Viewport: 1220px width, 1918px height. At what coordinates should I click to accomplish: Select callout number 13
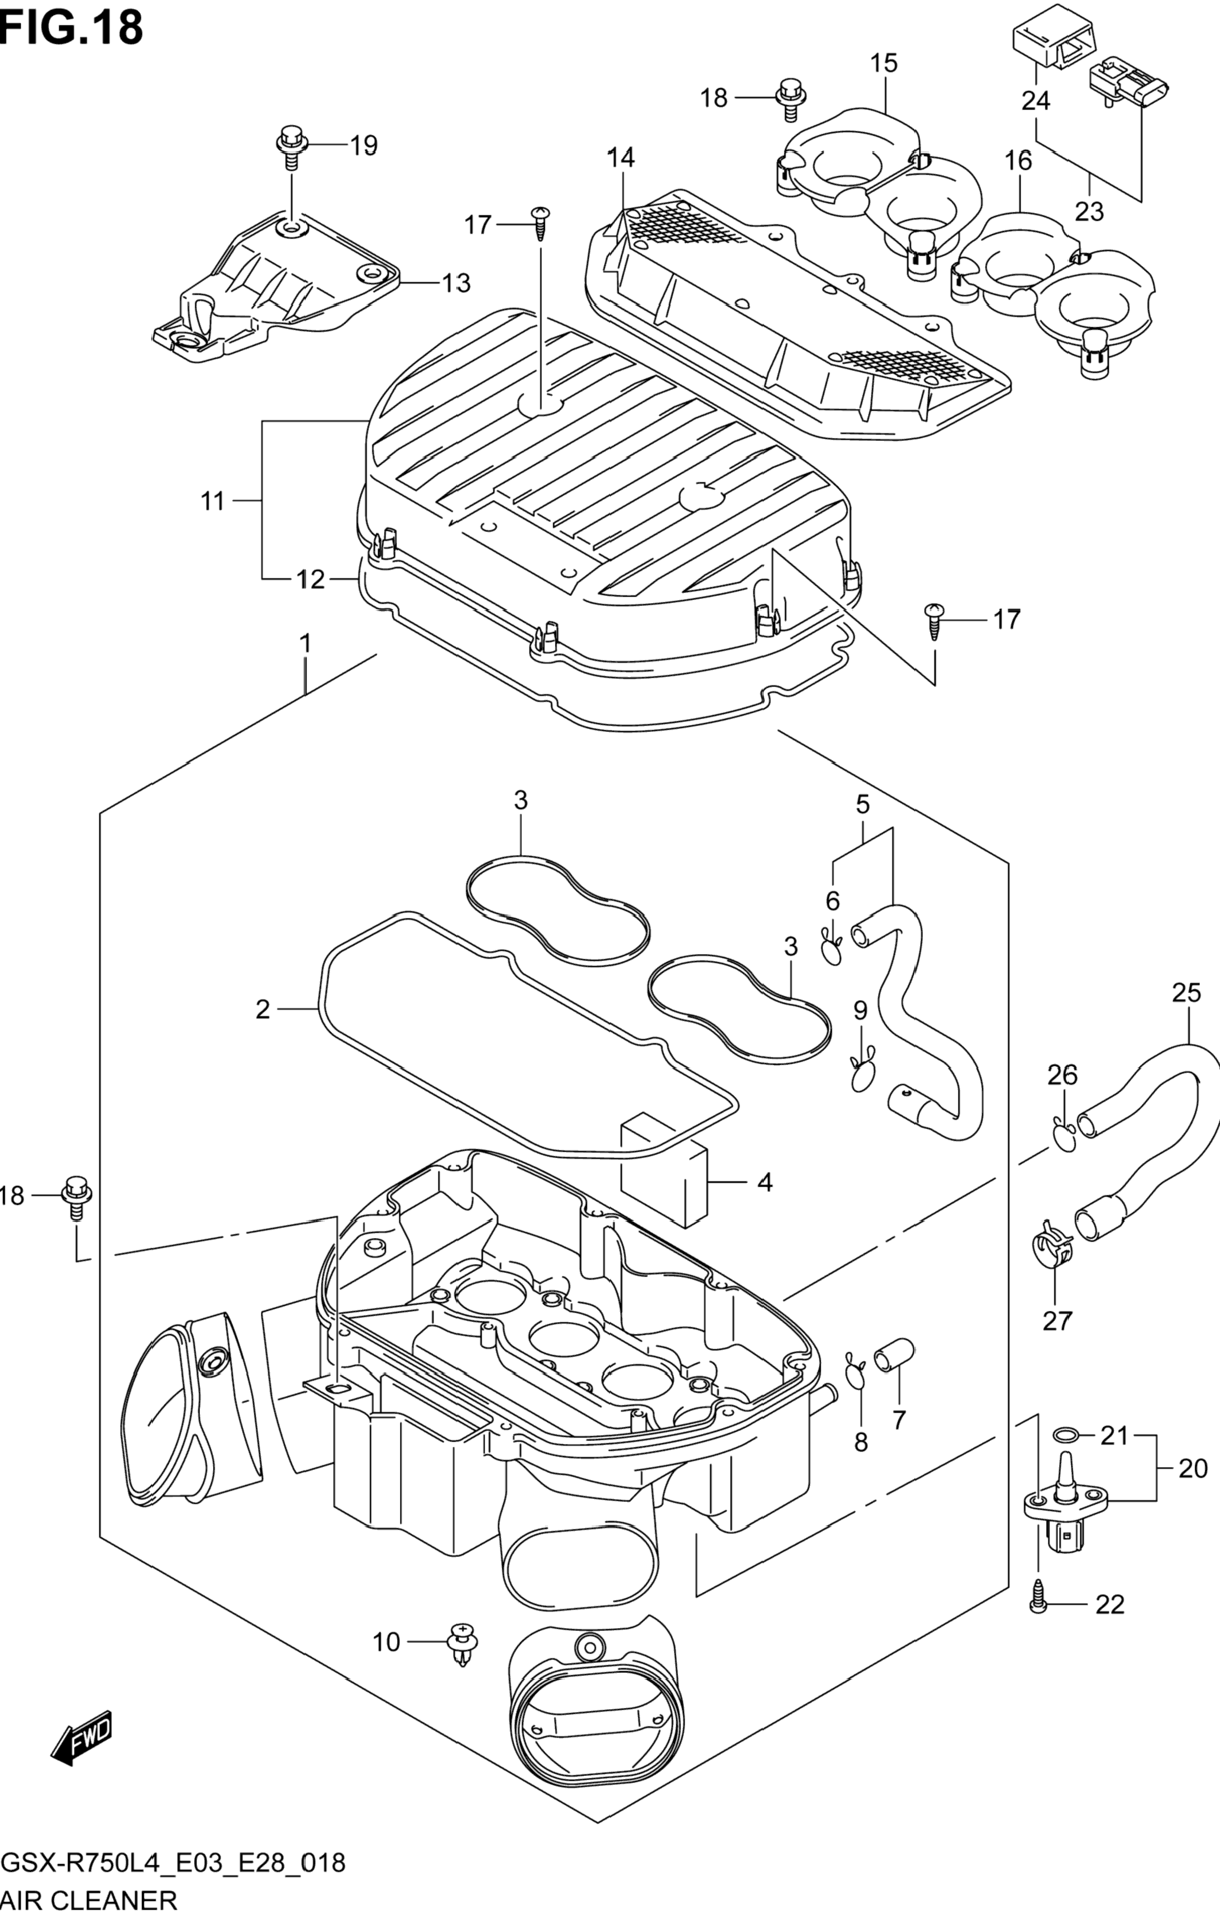456,283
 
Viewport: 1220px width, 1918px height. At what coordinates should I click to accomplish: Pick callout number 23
1089,211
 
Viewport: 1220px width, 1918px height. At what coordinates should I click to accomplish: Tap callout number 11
212,501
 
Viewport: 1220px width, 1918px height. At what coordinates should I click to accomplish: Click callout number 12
311,580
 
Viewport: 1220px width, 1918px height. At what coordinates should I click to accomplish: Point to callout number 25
1186,992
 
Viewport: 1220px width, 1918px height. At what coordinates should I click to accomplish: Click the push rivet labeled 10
463,1642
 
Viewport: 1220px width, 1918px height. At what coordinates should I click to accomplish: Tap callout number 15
884,62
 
